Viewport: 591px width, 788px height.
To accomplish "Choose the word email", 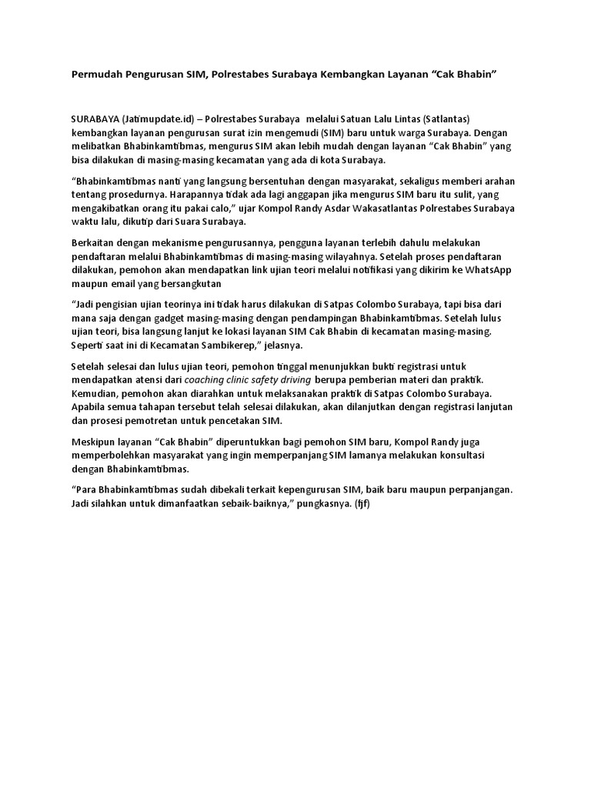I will click(x=124, y=284).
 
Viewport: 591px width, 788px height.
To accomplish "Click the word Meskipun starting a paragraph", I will click(x=95, y=442).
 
